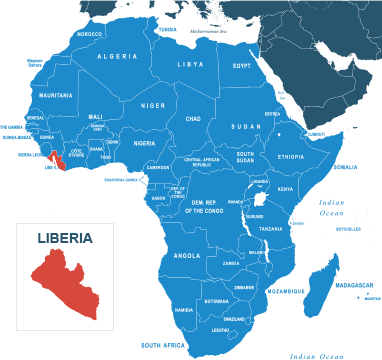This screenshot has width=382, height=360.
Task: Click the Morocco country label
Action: point(90,34)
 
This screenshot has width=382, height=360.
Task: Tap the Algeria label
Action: point(117,57)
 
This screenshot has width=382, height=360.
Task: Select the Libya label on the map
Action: point(190,64)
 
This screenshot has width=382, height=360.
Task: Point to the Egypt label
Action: point(242,66)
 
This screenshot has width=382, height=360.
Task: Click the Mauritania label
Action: point(56,96)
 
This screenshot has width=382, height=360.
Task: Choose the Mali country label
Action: point(96,116)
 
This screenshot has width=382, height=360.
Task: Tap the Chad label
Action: point(193,118)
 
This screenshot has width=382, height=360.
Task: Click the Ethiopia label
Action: point(291,157)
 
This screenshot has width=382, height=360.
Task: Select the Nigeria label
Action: point(145,143)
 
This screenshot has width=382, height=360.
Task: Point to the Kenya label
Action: point(285,188)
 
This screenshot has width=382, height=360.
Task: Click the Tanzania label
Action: point(271,229)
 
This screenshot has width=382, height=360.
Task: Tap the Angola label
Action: point(187,255)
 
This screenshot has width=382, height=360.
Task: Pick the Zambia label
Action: point(231,264)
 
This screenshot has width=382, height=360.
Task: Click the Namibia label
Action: point(184,310)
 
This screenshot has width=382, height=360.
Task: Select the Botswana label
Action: point(216,301)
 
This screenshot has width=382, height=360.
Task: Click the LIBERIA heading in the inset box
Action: point(65,239)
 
